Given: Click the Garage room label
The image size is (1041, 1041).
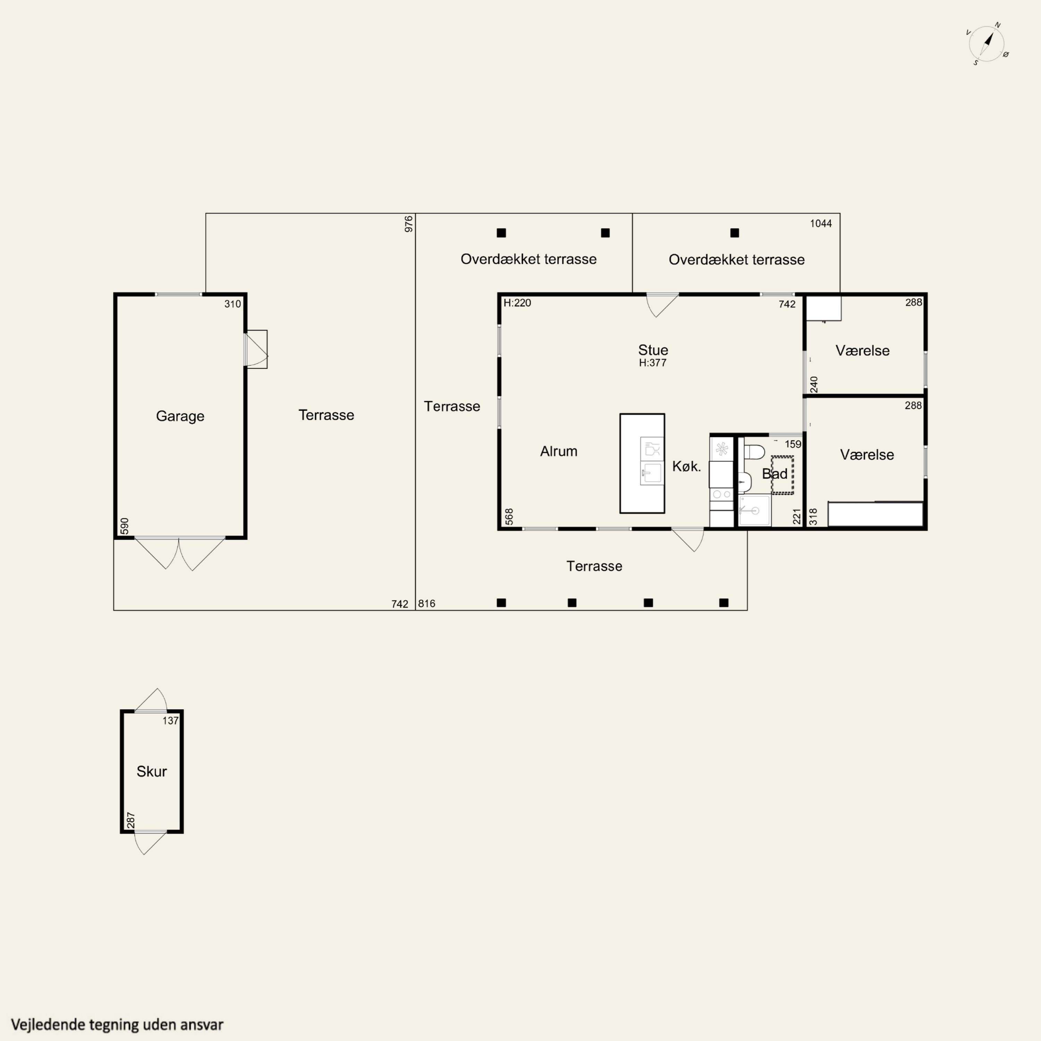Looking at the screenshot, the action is (x=180, y=416).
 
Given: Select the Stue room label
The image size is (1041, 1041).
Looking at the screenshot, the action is (x=653, y=350).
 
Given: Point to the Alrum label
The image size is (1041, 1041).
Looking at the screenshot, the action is (x=559, y=451).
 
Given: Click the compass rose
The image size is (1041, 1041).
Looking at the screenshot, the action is (x=987, y=43).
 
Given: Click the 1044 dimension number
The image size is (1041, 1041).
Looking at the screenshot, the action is (x=821, y=223).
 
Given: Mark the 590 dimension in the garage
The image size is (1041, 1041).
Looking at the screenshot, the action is (x=125, y=526).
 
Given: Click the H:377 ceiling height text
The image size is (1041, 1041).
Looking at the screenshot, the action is (x=652, y=363).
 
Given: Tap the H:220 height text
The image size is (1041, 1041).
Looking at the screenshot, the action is (x=517, y=303).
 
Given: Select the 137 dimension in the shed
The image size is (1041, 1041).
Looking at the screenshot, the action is (x=170, y=720).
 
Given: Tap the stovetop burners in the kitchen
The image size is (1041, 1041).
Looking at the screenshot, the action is (x=721, y=494).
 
